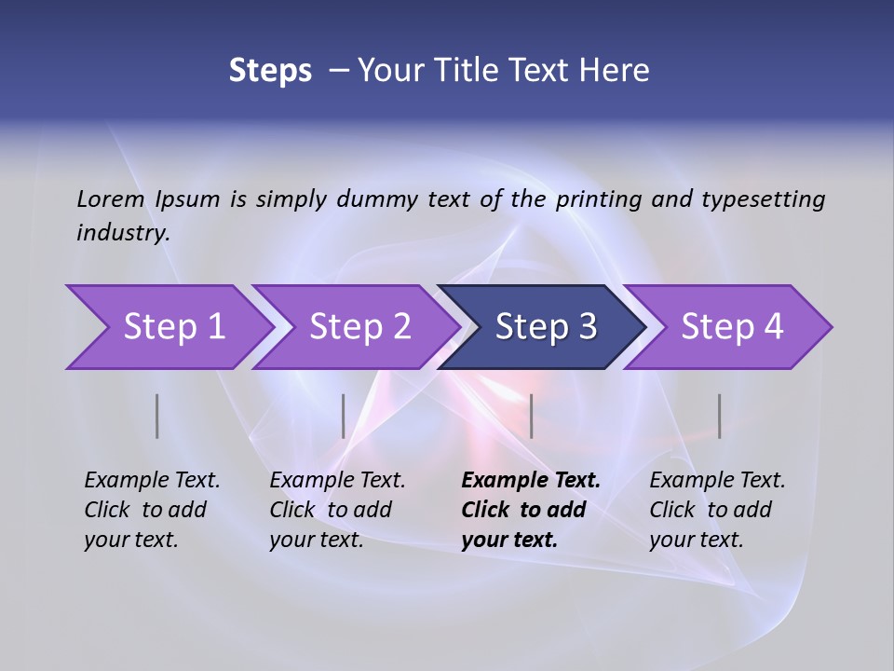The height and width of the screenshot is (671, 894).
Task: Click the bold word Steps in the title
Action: (270, 71)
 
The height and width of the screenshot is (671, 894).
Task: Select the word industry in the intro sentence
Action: (123, 233)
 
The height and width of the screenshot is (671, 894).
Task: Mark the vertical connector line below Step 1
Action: (157, 416)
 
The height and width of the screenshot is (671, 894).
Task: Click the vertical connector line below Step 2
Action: (344, 416)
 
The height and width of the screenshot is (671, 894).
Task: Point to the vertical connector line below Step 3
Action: (531, 416)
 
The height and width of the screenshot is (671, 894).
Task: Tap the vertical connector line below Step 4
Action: (719, 416)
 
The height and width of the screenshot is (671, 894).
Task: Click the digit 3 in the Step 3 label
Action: (586, 327)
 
